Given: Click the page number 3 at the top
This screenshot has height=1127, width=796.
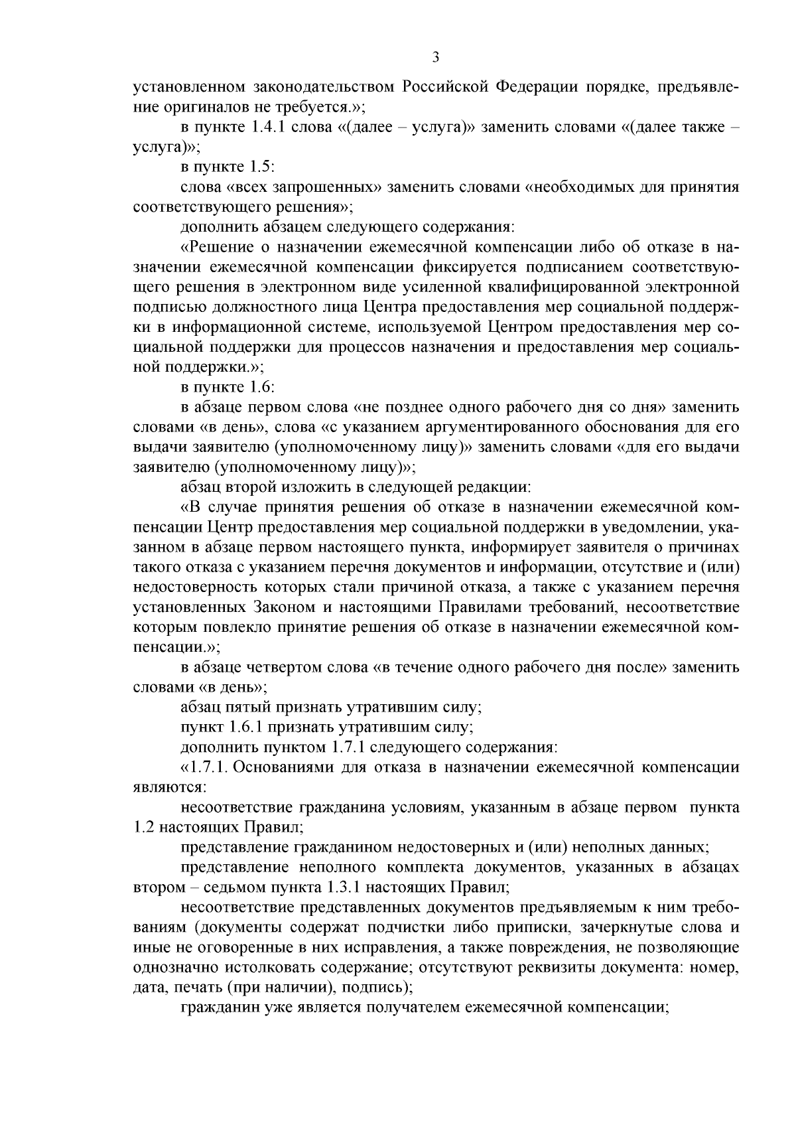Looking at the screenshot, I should point(435,57).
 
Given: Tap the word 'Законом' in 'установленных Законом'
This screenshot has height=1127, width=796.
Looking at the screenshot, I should point(296,607).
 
